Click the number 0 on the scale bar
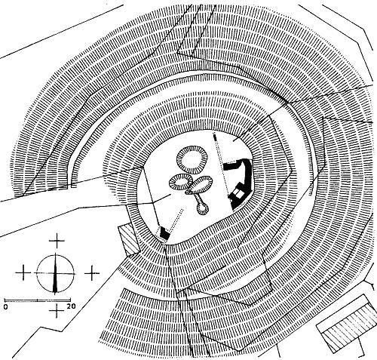[6, 306]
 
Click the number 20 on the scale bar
[71, 306]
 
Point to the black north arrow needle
[55, 274]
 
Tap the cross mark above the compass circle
[57, 241]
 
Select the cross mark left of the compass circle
[23, 272]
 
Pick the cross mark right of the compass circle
[92, 273]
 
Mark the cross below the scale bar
[57, 311]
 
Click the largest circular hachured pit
[192, 159]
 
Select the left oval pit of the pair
[180, 182]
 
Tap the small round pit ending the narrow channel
[203, 208]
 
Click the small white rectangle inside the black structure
[238, 193]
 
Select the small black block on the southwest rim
[164, 233]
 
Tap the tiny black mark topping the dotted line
[214, 137]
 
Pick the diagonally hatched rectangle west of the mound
[128, 239]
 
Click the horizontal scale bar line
[38, 300]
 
